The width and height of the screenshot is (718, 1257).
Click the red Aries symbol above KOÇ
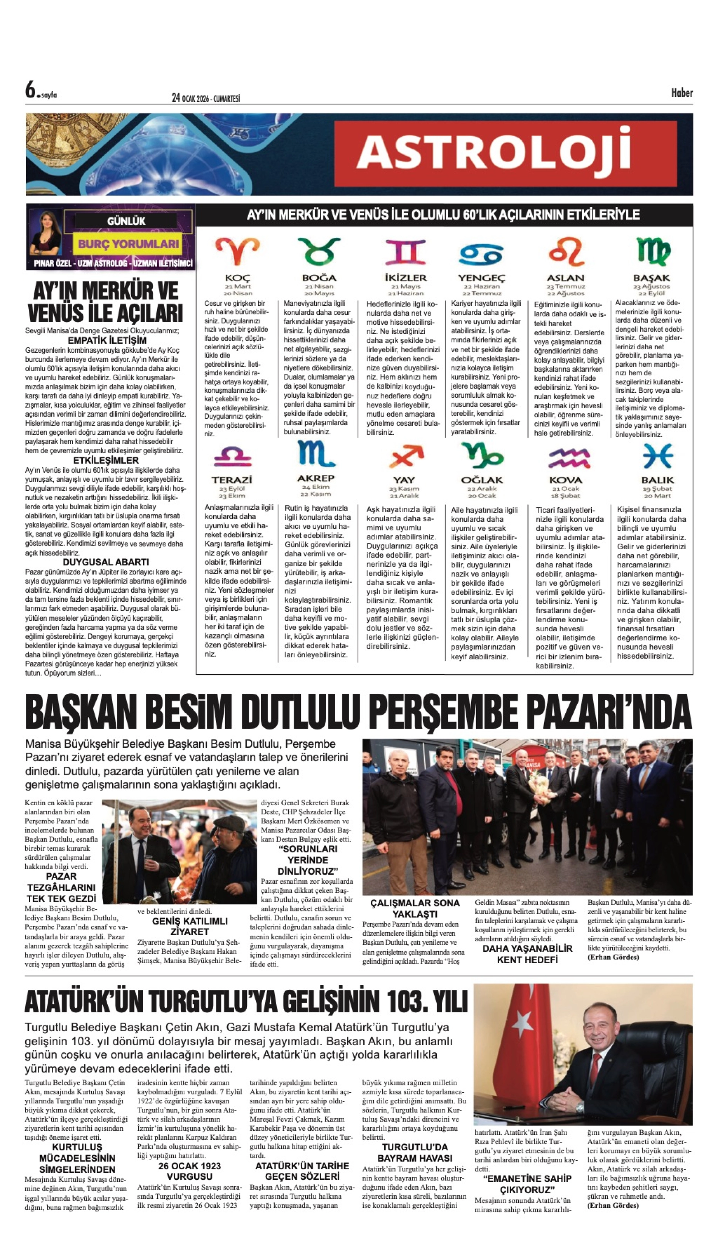[x=237, y=252]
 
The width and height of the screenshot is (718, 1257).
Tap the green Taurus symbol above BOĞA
[x=319, y=252]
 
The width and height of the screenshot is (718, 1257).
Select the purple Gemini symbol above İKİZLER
[x=405, y=252]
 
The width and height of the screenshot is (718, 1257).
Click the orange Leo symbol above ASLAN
[x=566, y=252]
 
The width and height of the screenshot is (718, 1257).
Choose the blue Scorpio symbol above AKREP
[x=316, y=454]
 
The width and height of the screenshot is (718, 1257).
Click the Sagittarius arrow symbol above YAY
[x=406, y=456]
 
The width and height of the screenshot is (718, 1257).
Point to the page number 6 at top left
[x=31, y=90]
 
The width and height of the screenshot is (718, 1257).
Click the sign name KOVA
[x=566, y=480]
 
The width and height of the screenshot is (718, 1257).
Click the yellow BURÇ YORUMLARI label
[x=128, y=244]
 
